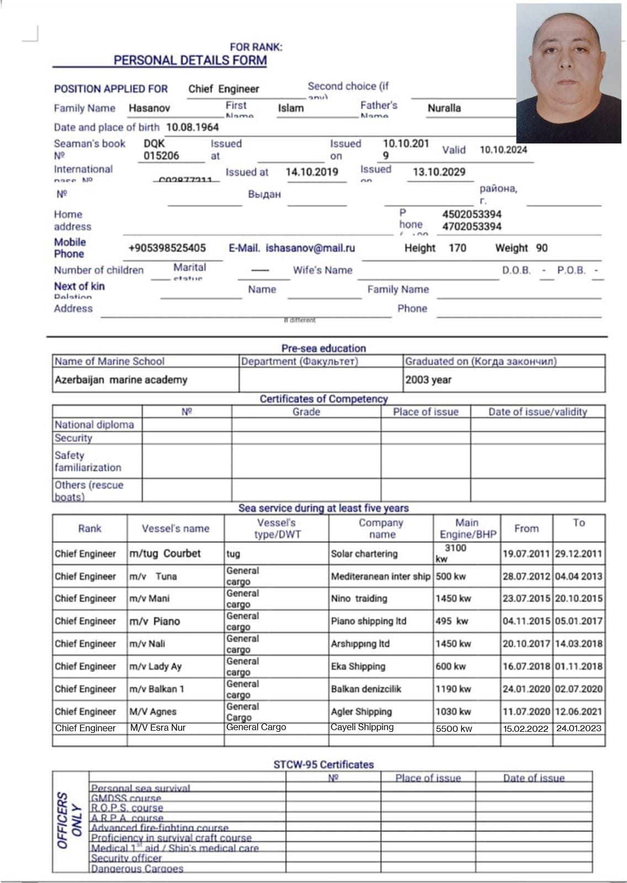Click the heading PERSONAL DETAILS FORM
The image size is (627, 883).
(190, 61)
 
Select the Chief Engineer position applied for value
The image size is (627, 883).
(224, 89)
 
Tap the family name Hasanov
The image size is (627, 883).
(149, 108)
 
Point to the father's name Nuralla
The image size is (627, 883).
(444, 108)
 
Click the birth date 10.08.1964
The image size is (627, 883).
(192, 127)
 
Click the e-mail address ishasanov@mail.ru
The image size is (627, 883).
(310, 248)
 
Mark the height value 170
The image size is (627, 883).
(457, 248)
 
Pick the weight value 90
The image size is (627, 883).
(541, 248)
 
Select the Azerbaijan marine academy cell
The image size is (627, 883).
(121, 380)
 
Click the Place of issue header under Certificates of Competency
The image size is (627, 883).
(426, 412)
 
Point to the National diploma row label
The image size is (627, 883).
(94, 425)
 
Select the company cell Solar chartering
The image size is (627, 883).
(364, 554)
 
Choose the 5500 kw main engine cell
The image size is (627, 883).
(454, 728)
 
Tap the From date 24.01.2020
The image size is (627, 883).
(526, 689)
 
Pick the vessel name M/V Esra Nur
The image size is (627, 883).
(158, 728)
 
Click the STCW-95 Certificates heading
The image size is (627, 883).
(323, 765)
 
